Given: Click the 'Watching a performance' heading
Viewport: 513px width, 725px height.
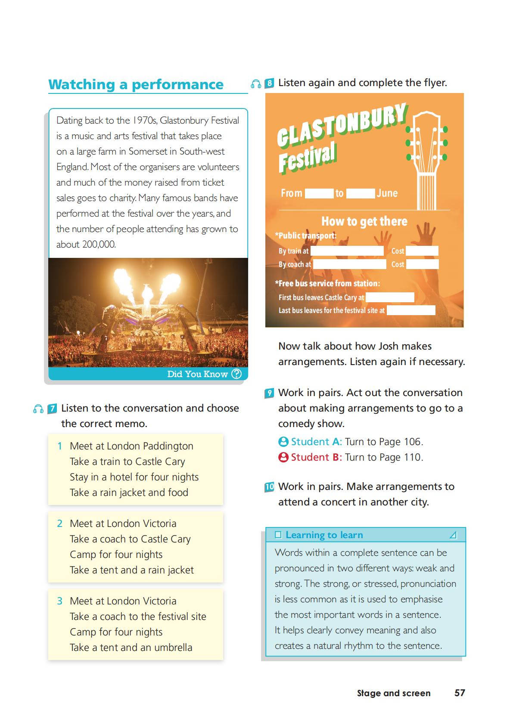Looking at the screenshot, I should point(136,84).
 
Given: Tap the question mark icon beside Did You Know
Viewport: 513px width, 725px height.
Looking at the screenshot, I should point(236,374).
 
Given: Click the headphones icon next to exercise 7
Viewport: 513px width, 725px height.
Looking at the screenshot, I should point(38,409).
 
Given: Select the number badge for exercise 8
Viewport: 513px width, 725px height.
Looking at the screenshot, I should point(270,83).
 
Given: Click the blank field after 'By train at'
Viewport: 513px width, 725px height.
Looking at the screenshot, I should point(347,251).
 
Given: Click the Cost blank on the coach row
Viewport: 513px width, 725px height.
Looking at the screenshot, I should point(422,264).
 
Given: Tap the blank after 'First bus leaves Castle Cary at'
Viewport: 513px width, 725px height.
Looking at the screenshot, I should point(389,297).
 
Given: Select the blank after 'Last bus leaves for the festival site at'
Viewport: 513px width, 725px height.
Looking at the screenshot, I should point(410,310).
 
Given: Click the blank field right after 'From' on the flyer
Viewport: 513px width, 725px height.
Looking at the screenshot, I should point(319,193).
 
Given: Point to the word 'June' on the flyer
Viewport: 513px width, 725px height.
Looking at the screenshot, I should point(387,193).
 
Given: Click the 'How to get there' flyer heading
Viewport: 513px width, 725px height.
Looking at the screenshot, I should point(364,221).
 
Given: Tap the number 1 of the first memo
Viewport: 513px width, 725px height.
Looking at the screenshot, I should point(60,446).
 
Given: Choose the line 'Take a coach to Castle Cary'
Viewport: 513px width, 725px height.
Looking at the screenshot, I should point(130,539).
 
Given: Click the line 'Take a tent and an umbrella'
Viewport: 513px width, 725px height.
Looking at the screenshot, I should point(131,648).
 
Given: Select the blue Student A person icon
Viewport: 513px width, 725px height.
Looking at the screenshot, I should point(283,442).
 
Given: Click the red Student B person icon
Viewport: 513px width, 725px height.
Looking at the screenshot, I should point(283,457).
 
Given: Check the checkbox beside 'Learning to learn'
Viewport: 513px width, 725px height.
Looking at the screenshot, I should point(278,535).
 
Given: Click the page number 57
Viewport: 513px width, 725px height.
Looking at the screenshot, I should point(460,693).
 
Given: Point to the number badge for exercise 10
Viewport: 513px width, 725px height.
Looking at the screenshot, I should point(269,487).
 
